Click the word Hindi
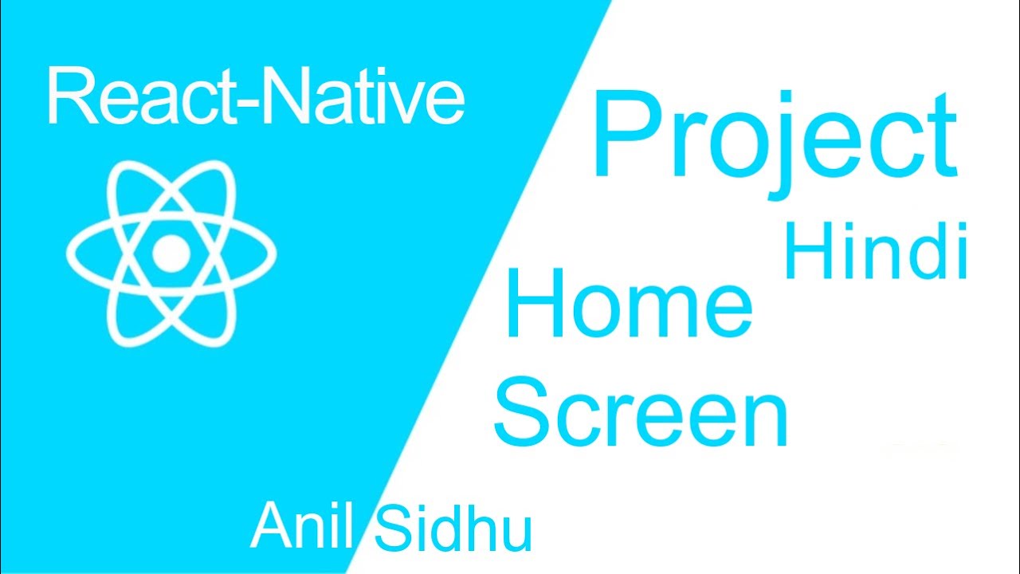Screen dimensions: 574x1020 (875, 251)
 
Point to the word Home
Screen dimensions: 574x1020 (627, 304)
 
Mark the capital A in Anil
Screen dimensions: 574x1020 (272, 527)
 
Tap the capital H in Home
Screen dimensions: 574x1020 (532, 304)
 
